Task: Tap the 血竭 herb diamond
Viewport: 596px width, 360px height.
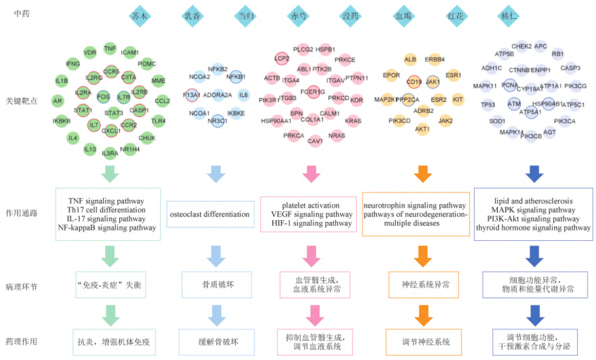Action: click(x=403, y=15)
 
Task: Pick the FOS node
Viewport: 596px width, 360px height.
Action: click(x=103, y=96)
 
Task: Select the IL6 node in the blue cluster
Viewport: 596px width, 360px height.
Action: click(x=243, y=96)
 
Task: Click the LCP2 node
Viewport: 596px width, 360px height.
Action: click(x=282, y=57)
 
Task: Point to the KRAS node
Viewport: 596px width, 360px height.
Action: click(x=353, y=120)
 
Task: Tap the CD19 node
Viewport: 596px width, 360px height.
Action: click(x=414, y=82)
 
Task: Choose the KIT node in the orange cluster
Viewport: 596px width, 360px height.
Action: click(x=457, y=99)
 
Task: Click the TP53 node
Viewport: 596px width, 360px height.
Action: click(x=487, y=104)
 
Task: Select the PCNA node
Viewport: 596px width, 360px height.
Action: click(x=510, y=86)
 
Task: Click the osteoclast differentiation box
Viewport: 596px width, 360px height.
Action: click(x=210, y=214)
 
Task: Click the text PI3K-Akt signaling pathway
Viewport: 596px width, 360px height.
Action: click(x=533, y=219)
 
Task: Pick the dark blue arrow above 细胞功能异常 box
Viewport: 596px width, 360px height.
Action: click(x=533, y=255)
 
